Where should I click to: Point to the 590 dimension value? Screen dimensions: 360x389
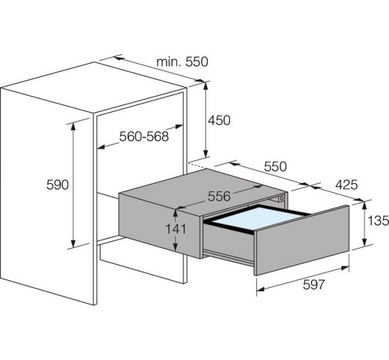click(57, 185)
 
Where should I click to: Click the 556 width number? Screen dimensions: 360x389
click(219, 197)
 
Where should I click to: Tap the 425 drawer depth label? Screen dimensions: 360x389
click(346, 185)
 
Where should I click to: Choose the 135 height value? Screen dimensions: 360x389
click(378, 220)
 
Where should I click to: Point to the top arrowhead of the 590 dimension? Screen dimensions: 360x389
click(73, 126)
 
